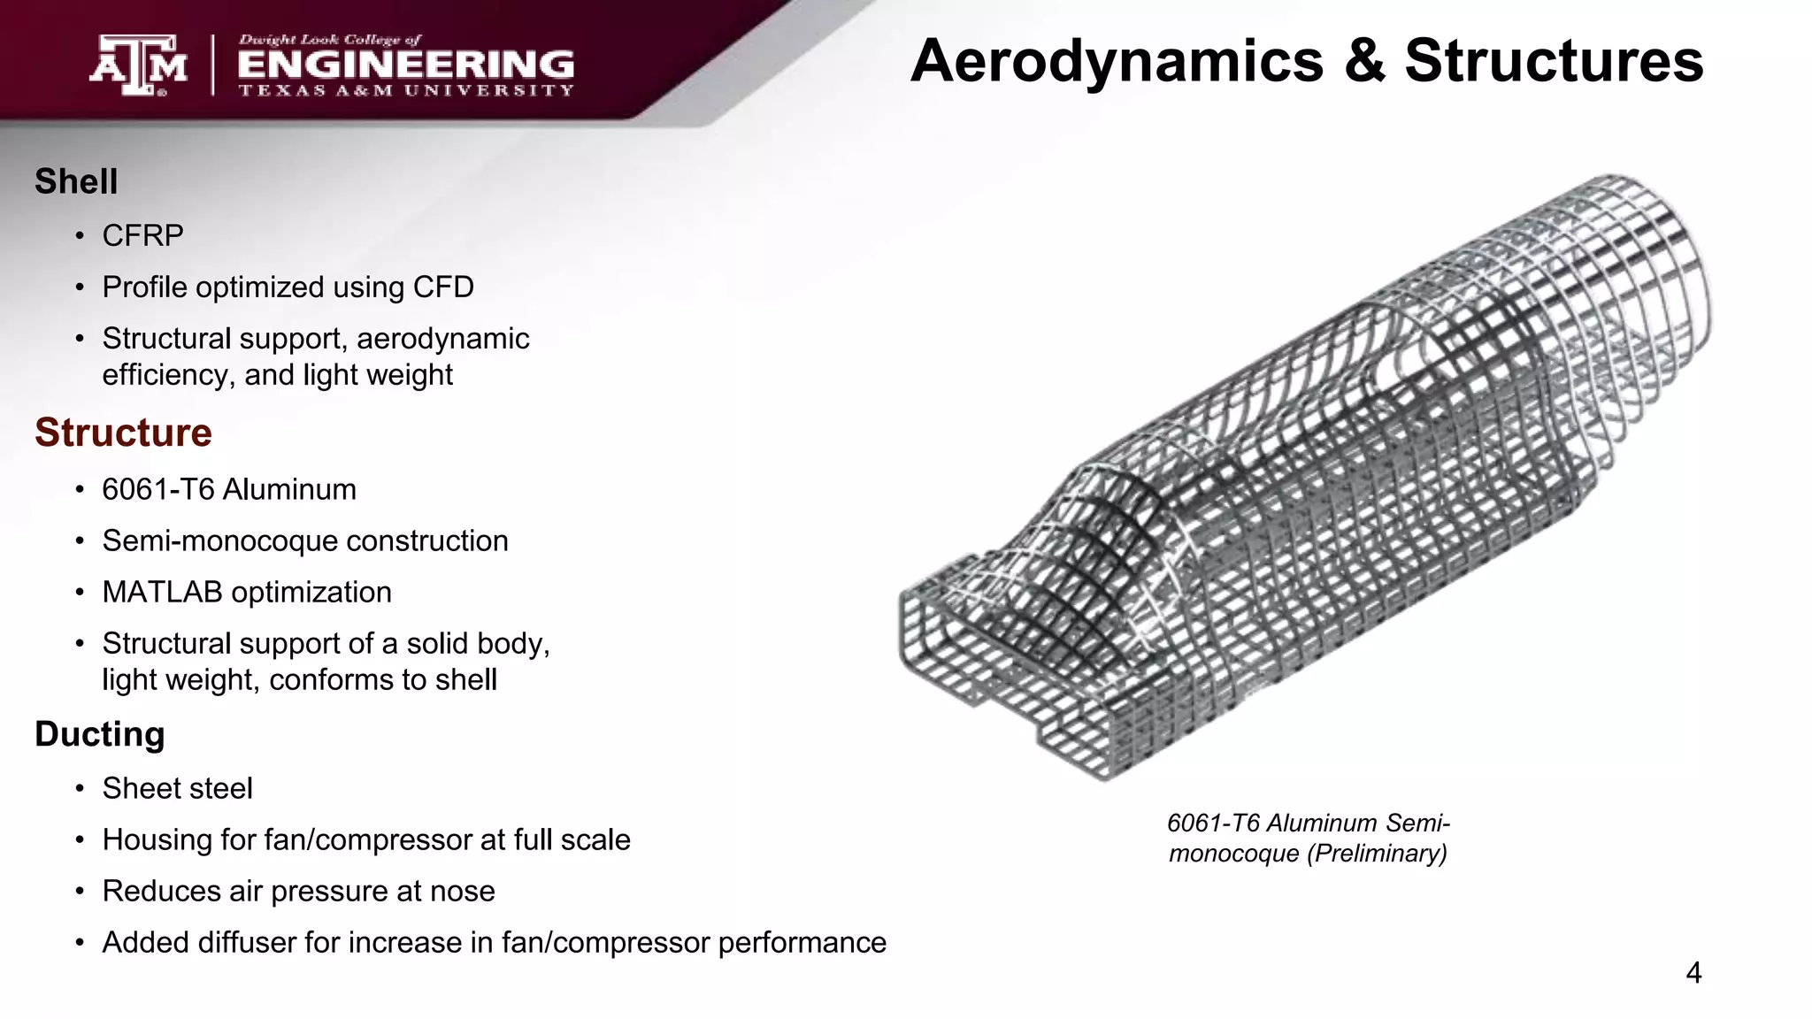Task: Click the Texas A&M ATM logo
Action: click(x=138, y=65)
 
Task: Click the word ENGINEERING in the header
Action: click(x=406, y=65)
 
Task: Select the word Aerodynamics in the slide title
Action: click(x=1117, y=61)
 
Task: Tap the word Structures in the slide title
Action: click(x=1554, y=61)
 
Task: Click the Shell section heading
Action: click(x=76, y=181)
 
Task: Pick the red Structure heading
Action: click(x=123, y=433)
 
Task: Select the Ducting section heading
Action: click(x=100, y=734)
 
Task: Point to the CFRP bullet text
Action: click(x=142, y=235)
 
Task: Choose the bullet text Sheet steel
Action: click(x=177, y=788)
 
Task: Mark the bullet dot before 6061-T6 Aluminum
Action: click(x=80, y=490)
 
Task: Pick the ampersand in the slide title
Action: click(x=1364, y=61)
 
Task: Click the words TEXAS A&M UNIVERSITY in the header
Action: click(x=406, y=90)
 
